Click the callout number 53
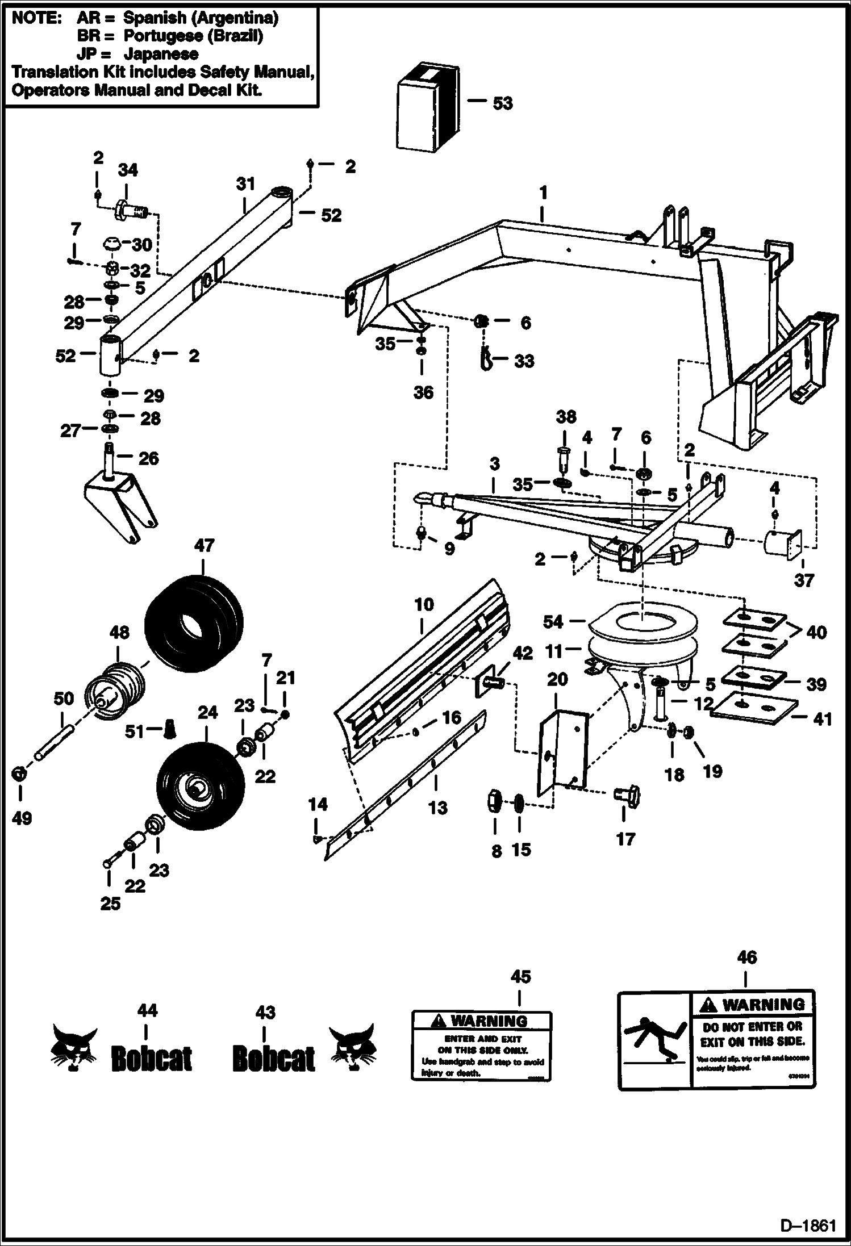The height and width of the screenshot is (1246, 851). pos(502,103)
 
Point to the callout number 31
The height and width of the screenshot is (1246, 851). pos(245,184)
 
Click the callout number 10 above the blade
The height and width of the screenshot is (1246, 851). pos(424,605)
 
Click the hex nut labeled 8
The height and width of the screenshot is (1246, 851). pos(494,802)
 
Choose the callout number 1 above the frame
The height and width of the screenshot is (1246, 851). pos(543,193)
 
